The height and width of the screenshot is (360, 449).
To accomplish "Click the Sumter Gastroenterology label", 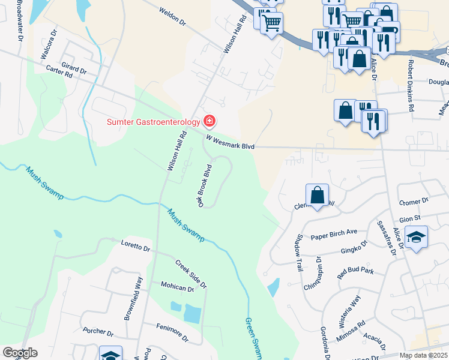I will click(153, 122).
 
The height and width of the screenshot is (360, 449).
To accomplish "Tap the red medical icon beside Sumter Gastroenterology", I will click(209, 122).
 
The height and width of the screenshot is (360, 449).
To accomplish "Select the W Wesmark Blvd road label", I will click(231, 142).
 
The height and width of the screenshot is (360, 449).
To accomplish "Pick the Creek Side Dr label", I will click(191, 273).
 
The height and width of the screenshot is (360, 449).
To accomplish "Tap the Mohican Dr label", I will click(177, 288).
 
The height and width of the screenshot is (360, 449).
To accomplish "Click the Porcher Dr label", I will click(98, 332).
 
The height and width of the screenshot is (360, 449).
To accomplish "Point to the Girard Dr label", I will click(74, 67).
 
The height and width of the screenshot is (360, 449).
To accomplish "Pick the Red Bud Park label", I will click(355, 271).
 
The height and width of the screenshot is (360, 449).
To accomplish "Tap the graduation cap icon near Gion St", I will click(416, 238).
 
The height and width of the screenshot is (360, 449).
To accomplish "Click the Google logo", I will click(20, 353).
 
